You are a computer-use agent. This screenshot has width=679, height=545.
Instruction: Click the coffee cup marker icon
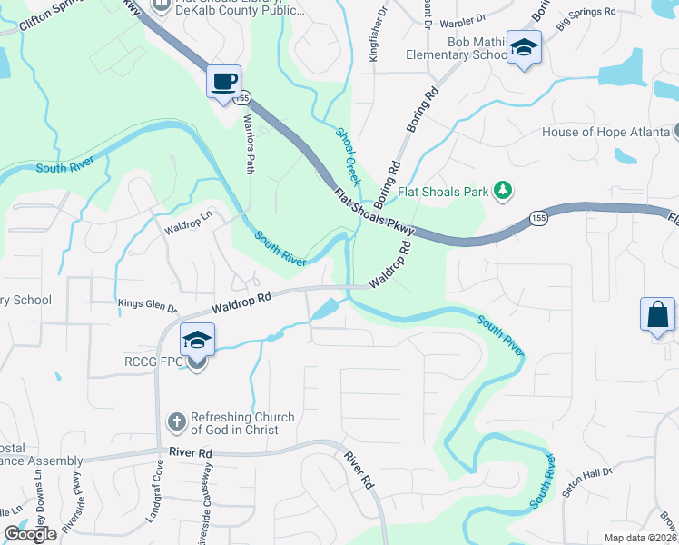pyautogui.click(x=223, y=82)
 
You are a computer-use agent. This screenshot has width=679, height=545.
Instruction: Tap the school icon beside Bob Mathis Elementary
pyautogui.click(x=524, y=48)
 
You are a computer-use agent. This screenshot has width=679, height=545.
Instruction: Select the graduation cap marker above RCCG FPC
pyautogui.click(x=197, y=340)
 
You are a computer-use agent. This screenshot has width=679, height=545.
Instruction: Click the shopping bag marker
pyautogui.click(x=658, y=314)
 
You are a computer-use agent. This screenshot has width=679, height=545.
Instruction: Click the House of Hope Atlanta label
pyautogui.click(x=605, y=132)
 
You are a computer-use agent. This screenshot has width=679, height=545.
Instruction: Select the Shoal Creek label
pyautogui.click(x=349, y=156)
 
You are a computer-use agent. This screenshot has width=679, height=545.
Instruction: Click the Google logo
pyautogui.click(x=30, y=534)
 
